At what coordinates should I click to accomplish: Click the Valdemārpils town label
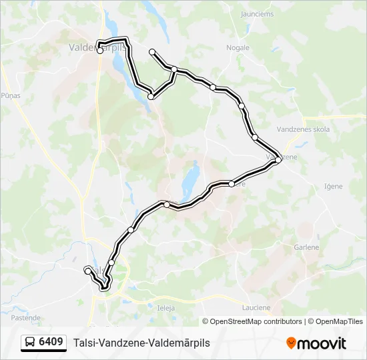[x=96, y=47]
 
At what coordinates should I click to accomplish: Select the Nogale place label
[x=238, y=47]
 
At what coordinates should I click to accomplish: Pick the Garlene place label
[x=306, y=247]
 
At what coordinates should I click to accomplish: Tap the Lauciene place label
[x=256, y=308]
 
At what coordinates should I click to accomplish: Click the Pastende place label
[x=26, y=318]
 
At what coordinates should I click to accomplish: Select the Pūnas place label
[x=11, y=95]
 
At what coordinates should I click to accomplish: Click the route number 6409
[x=51, y=342]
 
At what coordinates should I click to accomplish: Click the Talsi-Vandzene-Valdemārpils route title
[x=141, y=343]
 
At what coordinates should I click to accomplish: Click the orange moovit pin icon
[x=291, y=343]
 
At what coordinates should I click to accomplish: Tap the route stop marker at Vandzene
[x=278, y=159]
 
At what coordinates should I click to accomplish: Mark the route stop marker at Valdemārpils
[x=100, y=51]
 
